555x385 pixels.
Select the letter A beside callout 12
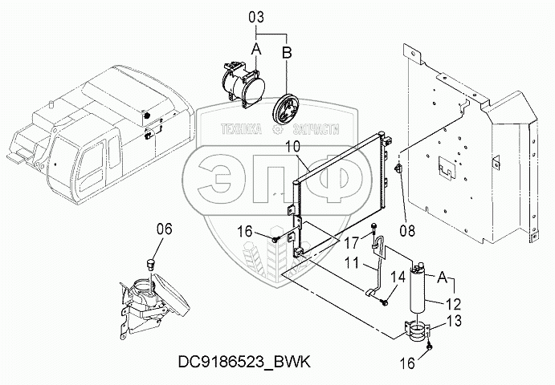point(441,277)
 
